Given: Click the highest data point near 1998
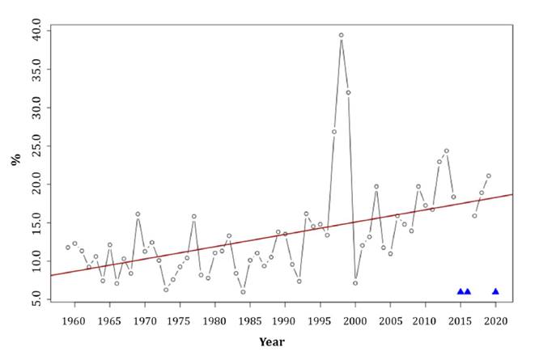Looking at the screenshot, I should [x=342, y=36].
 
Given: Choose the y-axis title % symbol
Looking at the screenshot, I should [x=14, y=160].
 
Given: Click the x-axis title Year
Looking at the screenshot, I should [x=272, y=342].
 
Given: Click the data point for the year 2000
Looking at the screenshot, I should [x=355, y=283].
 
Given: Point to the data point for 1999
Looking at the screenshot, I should [x=349, y=92].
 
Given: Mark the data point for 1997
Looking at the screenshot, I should [x=334, y=132].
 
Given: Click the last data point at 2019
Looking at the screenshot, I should [x=489, y=176].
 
